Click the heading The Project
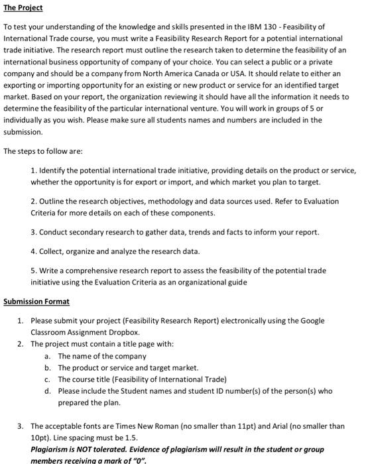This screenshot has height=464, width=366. click(x=23, y=8)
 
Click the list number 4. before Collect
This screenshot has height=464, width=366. click(x=34, y=252)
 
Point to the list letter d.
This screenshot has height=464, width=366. click(x=48, y=391)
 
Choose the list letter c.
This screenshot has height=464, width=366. click(x=48, y=379)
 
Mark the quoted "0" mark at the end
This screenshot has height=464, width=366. click(x=139, y=460)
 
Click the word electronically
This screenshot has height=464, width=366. click(x=219, y=320)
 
